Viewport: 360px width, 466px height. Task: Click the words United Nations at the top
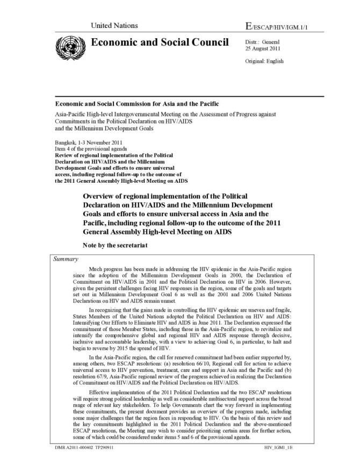click(x=114, y=26)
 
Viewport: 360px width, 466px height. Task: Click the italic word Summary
click(x=67, y=259)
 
